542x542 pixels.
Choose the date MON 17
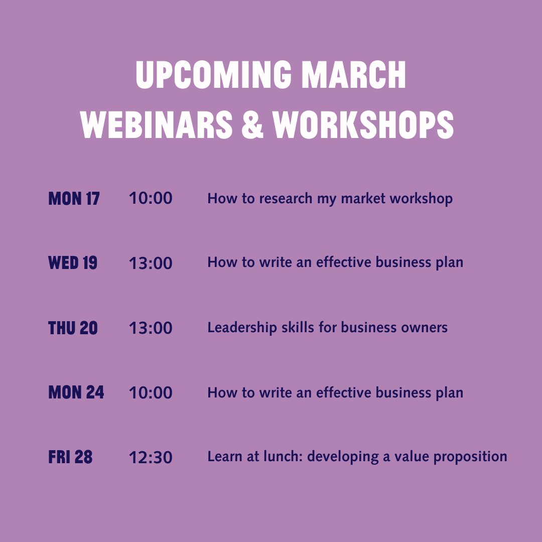[x=74, y=199]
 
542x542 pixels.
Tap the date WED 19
[x=73, y=263]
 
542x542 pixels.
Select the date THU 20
[x=73, y=328]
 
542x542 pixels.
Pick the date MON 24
[x=76, y=392]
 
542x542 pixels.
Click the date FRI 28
[x=70, y=457]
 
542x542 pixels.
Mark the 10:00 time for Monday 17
[x=151, y=199]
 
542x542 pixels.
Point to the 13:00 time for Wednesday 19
[x=151, y=263]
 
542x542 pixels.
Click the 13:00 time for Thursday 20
[x=151, y=328]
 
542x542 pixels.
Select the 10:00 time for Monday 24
[x=151, y=392]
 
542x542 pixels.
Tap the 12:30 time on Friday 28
[x=151, y=457]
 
